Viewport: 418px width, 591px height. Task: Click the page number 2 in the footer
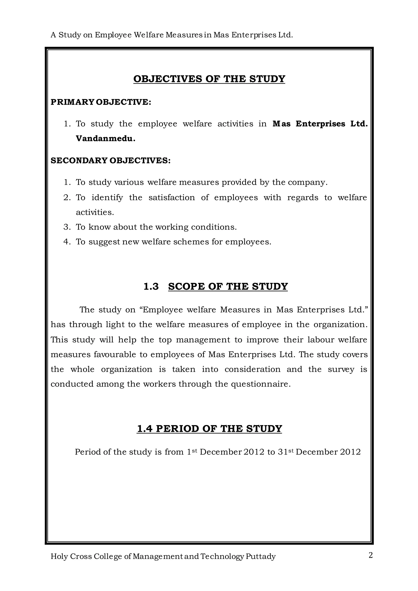pos(370,555)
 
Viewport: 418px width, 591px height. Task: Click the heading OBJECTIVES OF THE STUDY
pos(209,79)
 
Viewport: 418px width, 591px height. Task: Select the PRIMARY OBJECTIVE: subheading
pos(101,102)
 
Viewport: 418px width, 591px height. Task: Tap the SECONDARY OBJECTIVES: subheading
pos(110,161)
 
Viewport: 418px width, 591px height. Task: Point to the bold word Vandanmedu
pos(105,139)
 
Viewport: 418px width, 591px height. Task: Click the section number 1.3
pos(151,287)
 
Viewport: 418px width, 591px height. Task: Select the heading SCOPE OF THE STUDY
pos(228,287)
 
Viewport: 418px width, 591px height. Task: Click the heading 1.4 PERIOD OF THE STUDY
pos(209,429)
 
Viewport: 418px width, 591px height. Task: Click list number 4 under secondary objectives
pos(67,242)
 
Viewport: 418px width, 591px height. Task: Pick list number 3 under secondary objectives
pos(67,227)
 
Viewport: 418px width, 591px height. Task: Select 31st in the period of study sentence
pos(286,452)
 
